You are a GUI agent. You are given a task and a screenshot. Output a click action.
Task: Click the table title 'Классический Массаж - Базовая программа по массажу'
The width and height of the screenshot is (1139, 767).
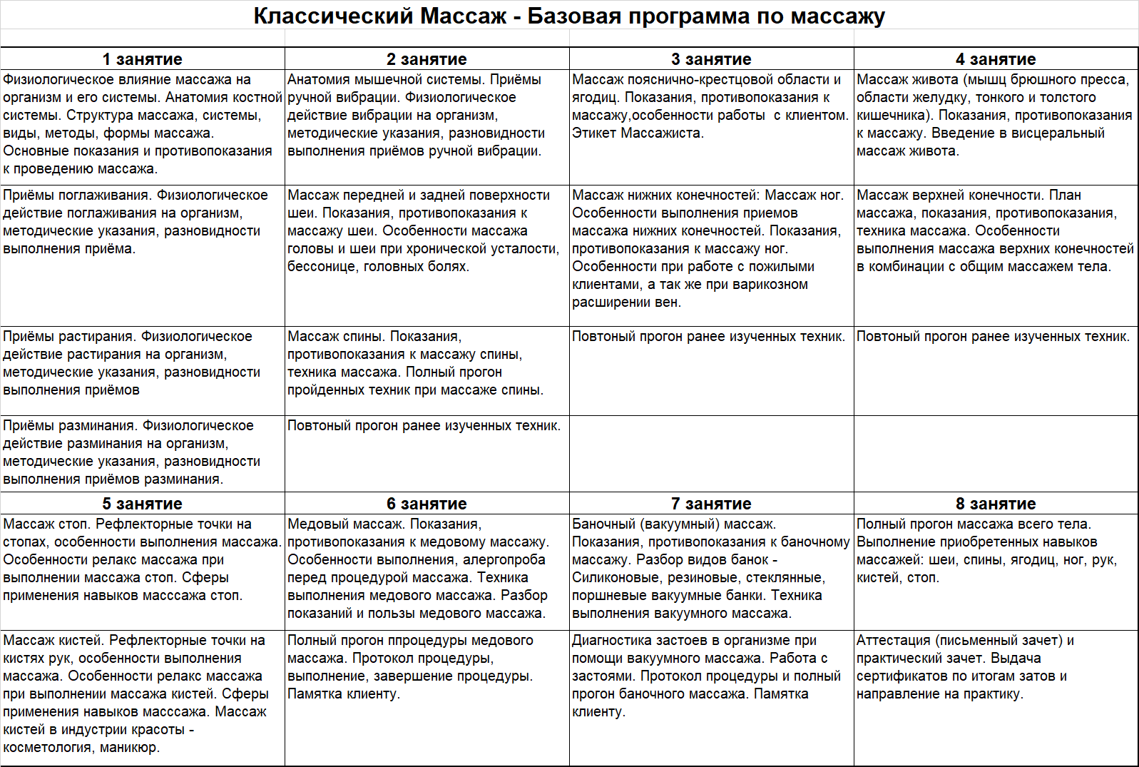point(569,16)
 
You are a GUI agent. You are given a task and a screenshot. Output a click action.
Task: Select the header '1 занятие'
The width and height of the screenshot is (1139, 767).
point(142,59)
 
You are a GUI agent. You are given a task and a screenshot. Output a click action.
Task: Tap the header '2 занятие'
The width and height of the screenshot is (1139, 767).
point(427,59)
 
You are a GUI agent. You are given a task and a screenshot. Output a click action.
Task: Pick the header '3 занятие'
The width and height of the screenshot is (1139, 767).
point(711,59)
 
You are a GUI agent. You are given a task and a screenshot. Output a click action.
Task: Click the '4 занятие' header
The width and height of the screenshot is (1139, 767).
point(996,59)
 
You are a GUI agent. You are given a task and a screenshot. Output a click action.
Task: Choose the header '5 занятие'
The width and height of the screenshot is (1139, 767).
point(142,504)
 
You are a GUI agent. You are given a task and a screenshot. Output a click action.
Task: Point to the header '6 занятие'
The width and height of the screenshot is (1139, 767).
point(427,504)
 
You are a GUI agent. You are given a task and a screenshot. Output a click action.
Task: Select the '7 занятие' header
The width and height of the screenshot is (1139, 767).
point(711,504)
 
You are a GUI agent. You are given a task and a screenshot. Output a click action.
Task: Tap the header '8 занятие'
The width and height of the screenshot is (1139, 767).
point(996,504)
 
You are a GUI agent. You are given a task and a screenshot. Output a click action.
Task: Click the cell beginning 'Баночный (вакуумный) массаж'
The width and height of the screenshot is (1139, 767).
point(710,569)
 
